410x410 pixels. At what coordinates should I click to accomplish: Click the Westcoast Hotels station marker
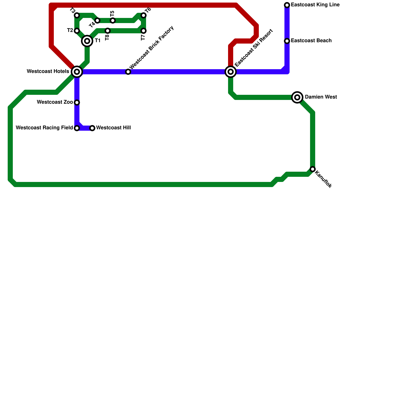coord(77,72)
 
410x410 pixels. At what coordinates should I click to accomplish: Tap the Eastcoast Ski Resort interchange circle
coord(231,72)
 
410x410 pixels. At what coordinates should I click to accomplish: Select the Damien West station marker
coord(297,97)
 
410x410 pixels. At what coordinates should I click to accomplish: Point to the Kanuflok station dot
coord(313,169)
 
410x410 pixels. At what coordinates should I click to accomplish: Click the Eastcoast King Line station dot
coord(287,5)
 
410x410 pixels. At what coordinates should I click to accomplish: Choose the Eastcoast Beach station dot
coord(287,41)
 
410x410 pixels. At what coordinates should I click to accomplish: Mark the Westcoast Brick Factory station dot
coord(128,72)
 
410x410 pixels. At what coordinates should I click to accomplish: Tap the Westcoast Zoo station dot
coord(77,102)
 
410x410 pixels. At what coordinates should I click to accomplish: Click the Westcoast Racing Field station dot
coord(77,128)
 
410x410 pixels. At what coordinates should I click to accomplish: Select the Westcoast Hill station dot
coord(92,128)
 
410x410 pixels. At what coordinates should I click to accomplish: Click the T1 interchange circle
coord(87,41)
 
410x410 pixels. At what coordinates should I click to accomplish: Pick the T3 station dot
coord(77,15)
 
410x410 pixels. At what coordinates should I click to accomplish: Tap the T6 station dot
coord(143,15)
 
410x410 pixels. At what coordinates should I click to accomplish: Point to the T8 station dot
coord(108,31)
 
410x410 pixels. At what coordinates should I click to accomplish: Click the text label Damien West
coord(321,97)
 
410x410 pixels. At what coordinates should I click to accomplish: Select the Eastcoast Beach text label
coord(311,41)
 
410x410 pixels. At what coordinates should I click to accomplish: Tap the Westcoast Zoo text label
coord(55,102)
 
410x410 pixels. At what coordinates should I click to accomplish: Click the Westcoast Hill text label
coord(114,128)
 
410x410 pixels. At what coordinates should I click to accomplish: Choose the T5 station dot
coord(113,20)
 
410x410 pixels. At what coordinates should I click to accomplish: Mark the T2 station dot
coord(77,31)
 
